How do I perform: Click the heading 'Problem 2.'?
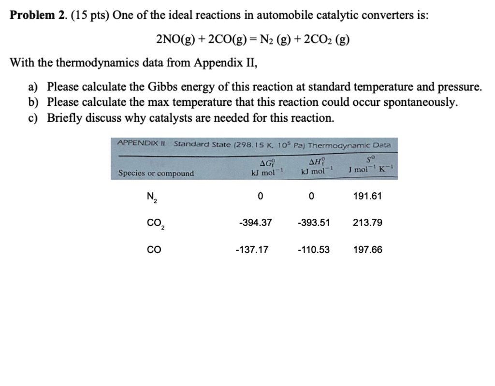38,15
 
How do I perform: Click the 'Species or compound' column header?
156,173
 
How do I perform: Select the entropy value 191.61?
367,196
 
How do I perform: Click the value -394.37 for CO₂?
255,223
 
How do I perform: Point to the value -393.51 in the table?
314,223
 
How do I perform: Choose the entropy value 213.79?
367,223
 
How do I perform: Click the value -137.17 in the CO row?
252,250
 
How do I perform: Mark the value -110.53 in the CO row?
314,250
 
